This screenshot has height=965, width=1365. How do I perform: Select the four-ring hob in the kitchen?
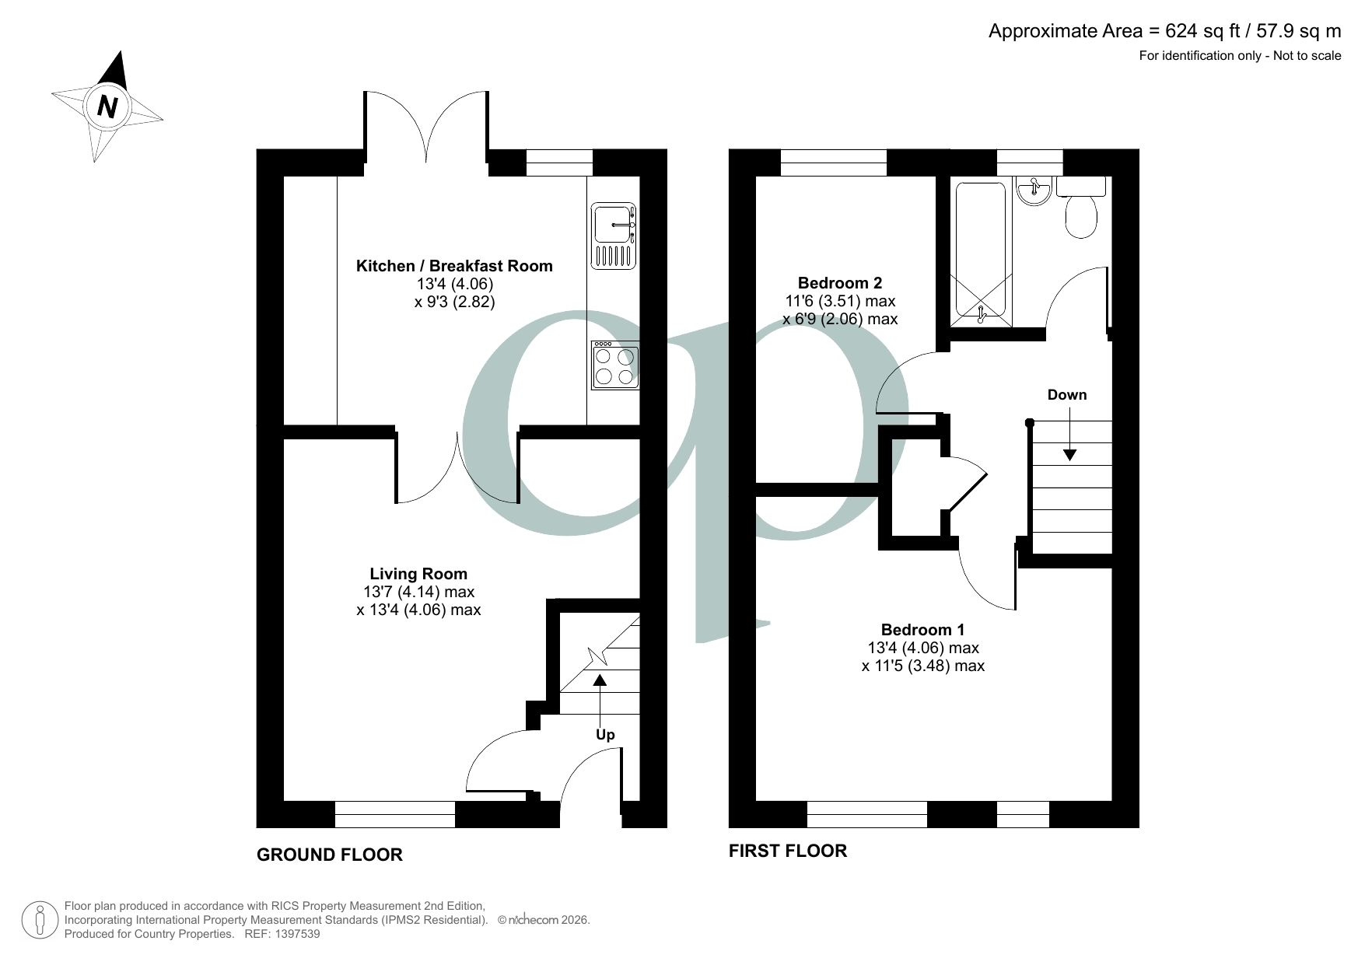coord(615,365)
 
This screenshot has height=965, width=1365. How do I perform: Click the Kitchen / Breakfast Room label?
coord(454,266)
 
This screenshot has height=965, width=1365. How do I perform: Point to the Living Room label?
coord(418,574)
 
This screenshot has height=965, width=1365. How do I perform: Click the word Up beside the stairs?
coord(605,735)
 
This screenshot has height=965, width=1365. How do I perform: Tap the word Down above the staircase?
coord(1066,395)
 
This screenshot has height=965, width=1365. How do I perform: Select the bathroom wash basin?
coord(1034,191)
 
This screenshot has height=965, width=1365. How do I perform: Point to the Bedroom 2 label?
coord(840,283)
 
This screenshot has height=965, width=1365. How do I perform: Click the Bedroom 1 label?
coord(922,630)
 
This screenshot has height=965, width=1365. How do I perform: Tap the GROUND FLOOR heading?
coord(330,855)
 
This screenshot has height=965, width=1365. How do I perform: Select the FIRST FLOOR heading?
coord(787,851)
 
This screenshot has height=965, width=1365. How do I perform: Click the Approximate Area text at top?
coord(1164,31)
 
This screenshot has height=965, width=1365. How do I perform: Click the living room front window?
coord(395,814)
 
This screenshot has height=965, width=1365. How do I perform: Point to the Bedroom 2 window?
coord(834,163)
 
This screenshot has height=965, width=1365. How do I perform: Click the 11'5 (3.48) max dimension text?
coord(922,666)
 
